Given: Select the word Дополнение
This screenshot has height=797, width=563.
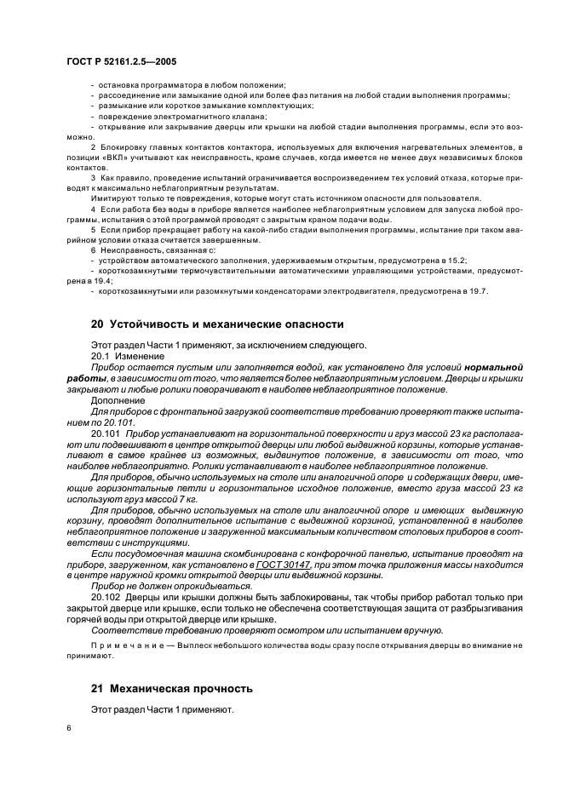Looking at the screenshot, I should (118, 399).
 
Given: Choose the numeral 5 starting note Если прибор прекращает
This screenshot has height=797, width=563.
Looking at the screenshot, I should (93, 229).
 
